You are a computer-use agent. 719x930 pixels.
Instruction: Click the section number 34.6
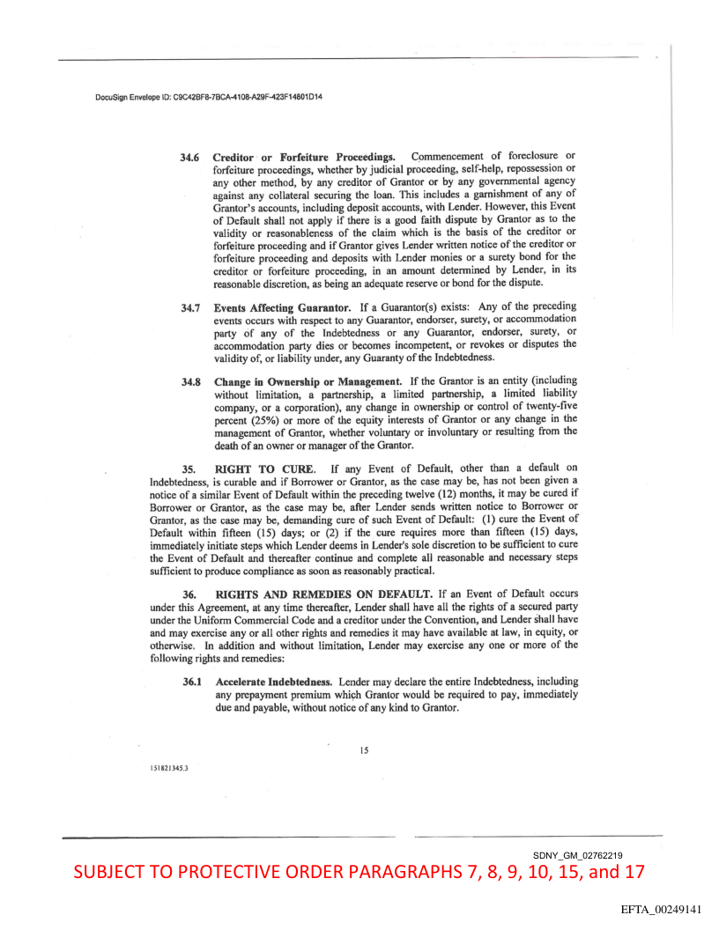190,157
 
